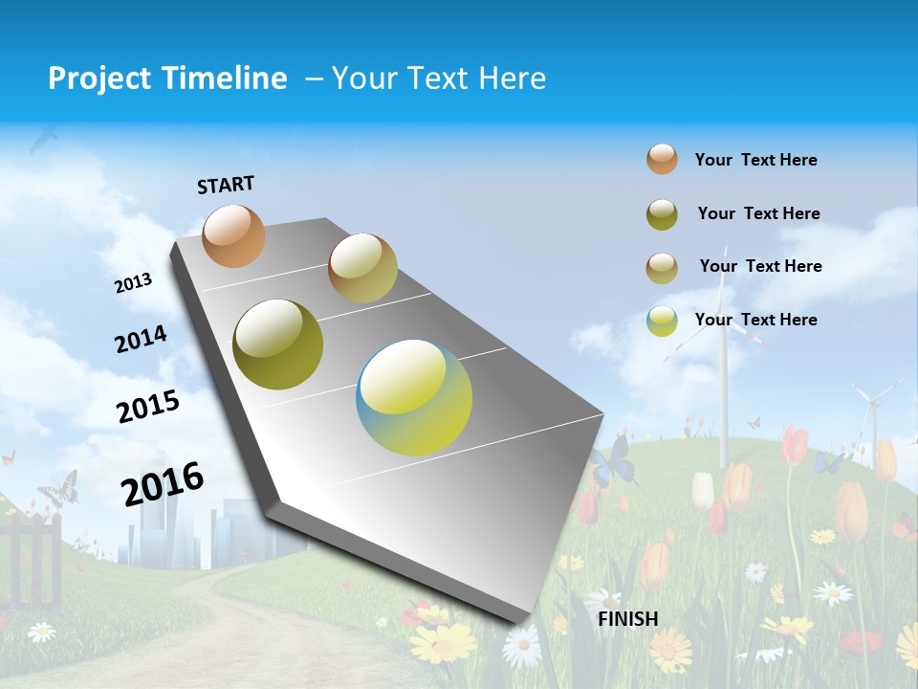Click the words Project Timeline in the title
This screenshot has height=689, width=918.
click(x=167, y=78)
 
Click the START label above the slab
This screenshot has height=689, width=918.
click(x=226, y=185)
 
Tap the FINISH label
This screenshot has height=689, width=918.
click(x=627, y=619)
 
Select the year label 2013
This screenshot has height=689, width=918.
click(x=134, y=282)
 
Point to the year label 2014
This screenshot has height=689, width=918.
click(x=141, y=339)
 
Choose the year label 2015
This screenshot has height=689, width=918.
click(x=147, y=406)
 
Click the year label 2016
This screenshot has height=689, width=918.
click(x=163, y=483)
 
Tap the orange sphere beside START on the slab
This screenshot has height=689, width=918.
click(x=233, y=235)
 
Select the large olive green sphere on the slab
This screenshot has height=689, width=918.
click(x=278, y=344)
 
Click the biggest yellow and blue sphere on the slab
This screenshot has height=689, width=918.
click(x=414, y=397)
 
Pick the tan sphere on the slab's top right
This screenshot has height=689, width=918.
click(x=362, y=268)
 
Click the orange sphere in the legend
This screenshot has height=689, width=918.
click(x=662, y=159)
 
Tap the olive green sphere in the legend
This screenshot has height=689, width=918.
click(x=662, y=214)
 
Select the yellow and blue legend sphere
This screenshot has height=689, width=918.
click(x=662, y=321)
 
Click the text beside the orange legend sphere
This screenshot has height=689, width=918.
click(x=755, y=160)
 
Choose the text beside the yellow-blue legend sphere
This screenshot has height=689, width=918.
click(x=755, y=320)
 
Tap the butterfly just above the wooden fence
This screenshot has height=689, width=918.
click(x=59, y=488)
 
